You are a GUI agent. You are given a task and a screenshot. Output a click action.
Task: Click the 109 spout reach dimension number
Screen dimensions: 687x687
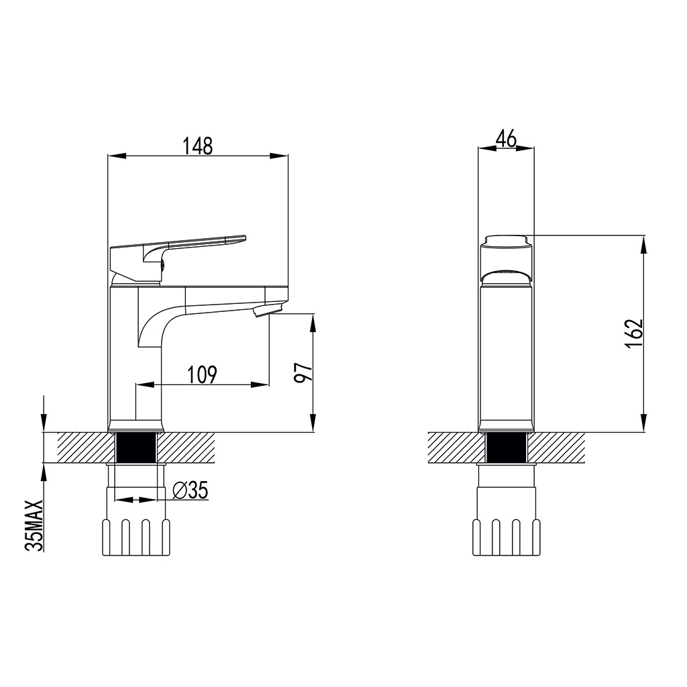(x=202, y=374)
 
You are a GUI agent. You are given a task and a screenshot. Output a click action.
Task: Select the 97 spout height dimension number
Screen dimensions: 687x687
(x=303, y=372)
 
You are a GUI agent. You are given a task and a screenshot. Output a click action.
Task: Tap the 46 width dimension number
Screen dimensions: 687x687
(x=506, y=139)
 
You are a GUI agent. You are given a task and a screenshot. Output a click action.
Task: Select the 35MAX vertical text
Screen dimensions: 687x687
(x=35, y=525)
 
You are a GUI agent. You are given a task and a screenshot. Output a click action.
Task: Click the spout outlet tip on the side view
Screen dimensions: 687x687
(x=267, y=311)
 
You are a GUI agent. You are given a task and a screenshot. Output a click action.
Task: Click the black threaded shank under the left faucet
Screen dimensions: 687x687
(x=136, y=447)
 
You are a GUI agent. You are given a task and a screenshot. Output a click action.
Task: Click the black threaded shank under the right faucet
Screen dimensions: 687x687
(x=507, y=447)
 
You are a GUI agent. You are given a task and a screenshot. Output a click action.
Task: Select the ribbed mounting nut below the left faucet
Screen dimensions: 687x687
(x=136, y=536)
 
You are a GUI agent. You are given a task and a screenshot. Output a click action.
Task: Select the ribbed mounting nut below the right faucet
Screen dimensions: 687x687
(x=507, y=536)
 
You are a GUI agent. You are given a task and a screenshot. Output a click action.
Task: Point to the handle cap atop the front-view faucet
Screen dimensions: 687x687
(x=507, y=241)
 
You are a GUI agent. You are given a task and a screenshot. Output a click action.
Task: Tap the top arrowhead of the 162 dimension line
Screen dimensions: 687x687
(x=644, y=243)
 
